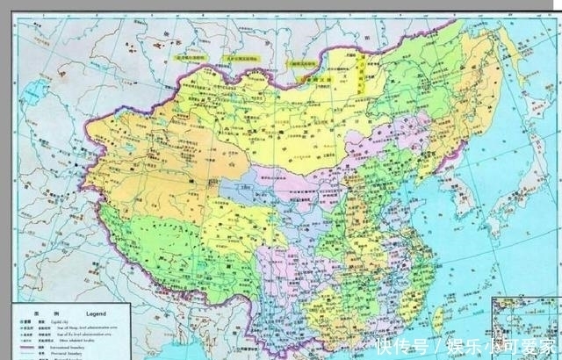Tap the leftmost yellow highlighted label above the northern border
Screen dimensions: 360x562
click(x=189, y=58)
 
